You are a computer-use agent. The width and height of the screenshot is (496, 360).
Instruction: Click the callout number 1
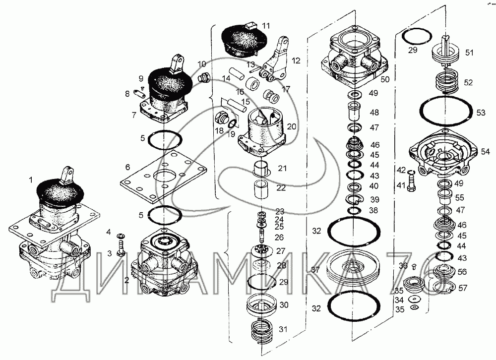pos(31,180)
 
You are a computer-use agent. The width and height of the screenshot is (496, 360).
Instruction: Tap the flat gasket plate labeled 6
pos(163,176)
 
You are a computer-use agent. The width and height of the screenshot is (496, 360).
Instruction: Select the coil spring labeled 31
pos(261,332)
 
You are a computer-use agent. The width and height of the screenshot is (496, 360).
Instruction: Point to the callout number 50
pos(385,79)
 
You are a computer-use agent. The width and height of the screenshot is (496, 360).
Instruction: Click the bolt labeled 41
pos(412,184)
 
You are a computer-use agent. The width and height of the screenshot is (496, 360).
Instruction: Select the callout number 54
pos(485,152)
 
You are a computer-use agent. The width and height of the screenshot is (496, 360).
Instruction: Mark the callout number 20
pos(291,126)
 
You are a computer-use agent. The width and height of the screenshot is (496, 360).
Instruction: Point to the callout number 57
pos(462,288)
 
